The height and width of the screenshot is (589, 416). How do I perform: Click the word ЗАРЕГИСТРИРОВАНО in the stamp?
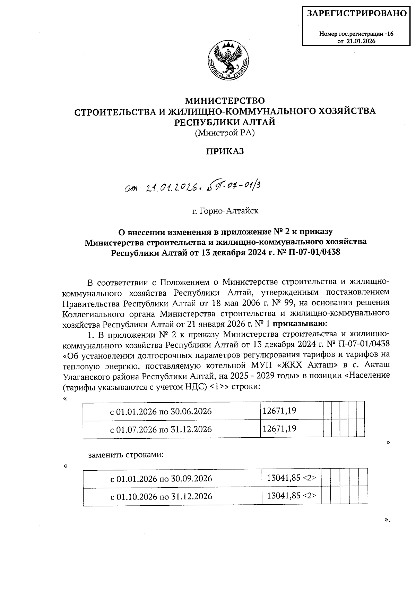[357, 14]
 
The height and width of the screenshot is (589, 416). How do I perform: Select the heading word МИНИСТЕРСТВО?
[225, 101]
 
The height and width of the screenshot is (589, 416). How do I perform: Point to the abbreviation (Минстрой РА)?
[225, 133]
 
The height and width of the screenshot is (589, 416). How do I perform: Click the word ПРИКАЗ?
[225, 151]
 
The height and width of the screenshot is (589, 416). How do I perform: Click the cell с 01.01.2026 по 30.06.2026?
[161, 412]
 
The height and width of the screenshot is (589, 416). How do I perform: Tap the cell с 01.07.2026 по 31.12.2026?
[161, 429]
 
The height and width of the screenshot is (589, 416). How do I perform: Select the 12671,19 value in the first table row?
[279, 411]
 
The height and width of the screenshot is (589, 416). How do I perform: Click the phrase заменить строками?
[126, 455]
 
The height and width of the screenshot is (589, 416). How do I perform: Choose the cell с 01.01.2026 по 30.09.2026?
[161, 479]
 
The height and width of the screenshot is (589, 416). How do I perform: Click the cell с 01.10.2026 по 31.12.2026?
[161, 496]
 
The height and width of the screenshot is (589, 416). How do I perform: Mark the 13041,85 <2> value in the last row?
[291, 495]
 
